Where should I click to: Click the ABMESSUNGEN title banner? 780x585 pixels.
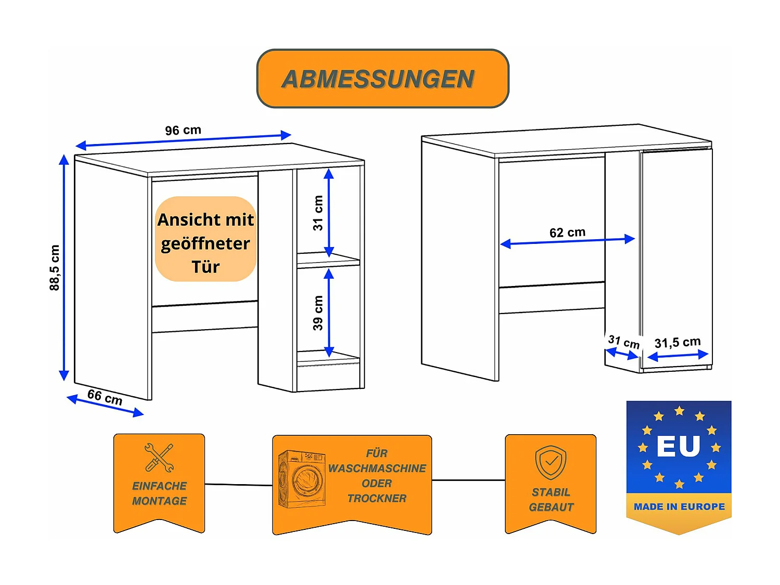[x=382, y=79]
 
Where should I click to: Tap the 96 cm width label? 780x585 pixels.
[x=183, y=130]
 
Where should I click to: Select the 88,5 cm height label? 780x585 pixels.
[x=55, y=267]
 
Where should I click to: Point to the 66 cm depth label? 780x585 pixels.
[x=105, y=397]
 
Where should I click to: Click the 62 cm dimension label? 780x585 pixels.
[x=567, y=232]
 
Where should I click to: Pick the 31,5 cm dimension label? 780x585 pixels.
[x=677, y=342]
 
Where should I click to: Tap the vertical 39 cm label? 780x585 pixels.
[x=318, y=313]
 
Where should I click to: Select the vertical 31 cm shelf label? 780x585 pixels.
[x=318, y=213]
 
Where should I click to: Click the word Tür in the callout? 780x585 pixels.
[x=205, y=267]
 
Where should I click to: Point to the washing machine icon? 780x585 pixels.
[x=301, y=479]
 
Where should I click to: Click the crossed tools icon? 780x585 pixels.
[x=159, y=458]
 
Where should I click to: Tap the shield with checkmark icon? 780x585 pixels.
[x=551, y=462]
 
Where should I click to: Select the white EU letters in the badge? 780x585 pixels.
[x=678, y=446]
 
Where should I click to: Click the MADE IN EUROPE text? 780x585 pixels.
[x=679, y=506]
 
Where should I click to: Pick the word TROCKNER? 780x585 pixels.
[x=376, y=499]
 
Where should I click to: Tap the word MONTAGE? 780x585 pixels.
[x=159, y=501]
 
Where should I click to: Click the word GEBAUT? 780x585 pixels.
[x=551, y=508]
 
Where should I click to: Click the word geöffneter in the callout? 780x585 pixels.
[x=205, y=243]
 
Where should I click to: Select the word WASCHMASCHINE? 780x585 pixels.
[x=377, y=469]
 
